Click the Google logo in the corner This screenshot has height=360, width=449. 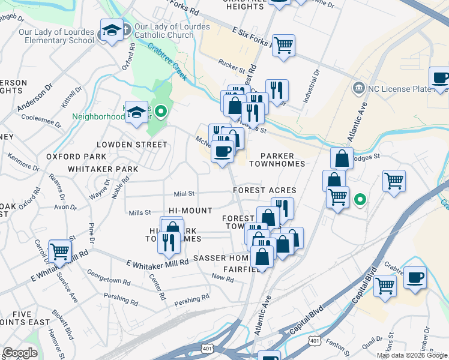[20, 353]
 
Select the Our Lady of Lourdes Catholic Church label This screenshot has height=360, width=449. [164, 31]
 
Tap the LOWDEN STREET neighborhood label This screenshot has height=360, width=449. [132, 145]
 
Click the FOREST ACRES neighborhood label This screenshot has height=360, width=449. [265, 190]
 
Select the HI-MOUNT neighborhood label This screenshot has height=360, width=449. [190, 211]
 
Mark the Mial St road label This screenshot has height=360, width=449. [184, 194]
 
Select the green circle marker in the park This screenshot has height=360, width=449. [160, 111]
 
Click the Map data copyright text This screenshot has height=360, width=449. [412, 355]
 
